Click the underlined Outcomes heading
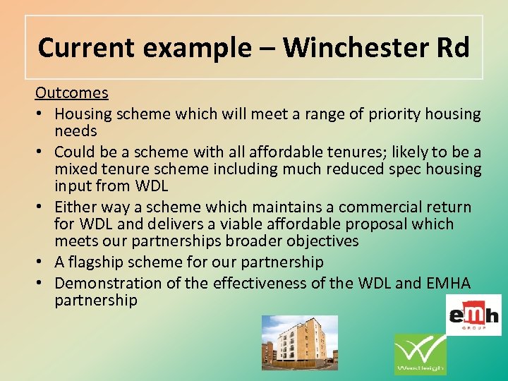pos(72,93)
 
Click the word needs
pos(75,131)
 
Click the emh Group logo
pos(473,315)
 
